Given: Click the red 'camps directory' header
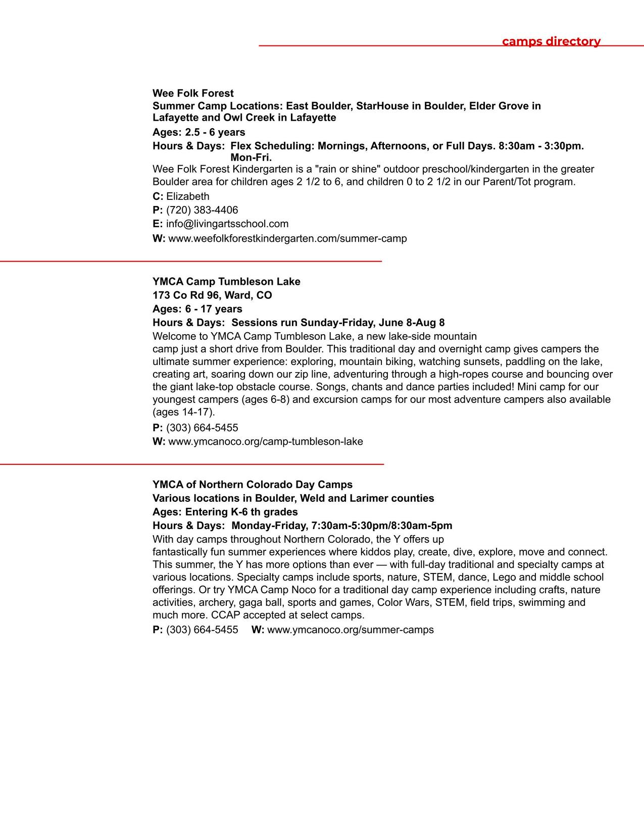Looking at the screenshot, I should (x=551, y=41).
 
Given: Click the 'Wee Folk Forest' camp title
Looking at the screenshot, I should (x=193, y=93).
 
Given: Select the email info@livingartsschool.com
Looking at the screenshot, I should (x=227, y=224).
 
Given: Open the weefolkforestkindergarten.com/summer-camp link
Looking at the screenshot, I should (x=287, y=238).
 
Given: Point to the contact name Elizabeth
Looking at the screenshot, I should (x=187, y=196).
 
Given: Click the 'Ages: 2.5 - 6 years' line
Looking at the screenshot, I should (x=199, y=132).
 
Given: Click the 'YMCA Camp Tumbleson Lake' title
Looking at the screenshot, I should (x=226, y=282).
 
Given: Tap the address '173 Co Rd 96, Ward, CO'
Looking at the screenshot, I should (x=212, y=295).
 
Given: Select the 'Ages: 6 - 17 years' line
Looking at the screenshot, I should (x=197, y=309).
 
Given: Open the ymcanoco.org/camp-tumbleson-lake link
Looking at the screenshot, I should (x=265, y=442).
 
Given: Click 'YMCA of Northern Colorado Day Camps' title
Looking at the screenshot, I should (x=253, y=485).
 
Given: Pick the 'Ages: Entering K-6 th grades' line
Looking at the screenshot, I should (x=225, y=512).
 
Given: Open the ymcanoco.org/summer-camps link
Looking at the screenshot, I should (x=350, y=630).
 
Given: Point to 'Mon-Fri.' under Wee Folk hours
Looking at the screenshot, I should (x=251, y=158).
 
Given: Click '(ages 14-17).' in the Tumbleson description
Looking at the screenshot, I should (x=184, y=412).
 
